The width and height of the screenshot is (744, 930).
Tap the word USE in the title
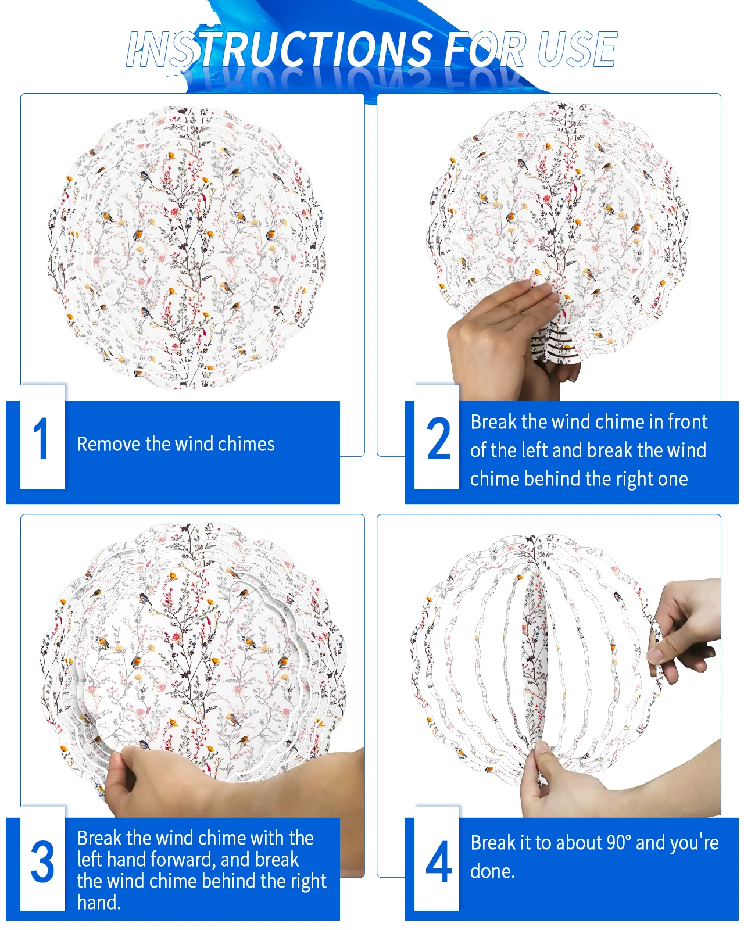[x=577, y=49]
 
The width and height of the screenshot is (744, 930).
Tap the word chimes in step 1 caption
[x=246, y=444]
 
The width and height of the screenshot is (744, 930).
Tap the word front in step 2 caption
[x=688, y=421]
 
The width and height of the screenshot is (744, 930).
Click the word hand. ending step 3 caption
[x=99, y=903]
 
